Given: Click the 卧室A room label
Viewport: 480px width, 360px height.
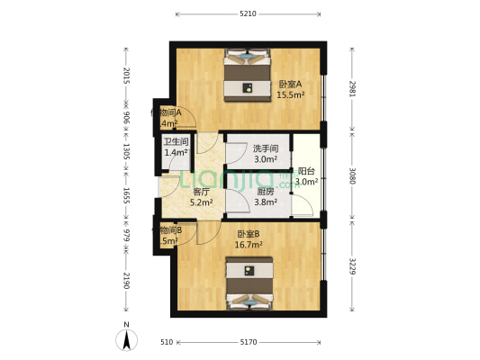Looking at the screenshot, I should click(289, 85).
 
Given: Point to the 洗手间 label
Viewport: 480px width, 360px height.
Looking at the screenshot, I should click(265, 148).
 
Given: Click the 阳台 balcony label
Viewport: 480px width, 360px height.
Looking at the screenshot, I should click(306, 171).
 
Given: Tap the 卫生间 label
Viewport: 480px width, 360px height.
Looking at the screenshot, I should click(176, 142).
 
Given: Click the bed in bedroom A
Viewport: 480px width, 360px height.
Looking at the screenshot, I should click(246, 74).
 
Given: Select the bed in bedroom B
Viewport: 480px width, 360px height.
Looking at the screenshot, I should click(248, 283).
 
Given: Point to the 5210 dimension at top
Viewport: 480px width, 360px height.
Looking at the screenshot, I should click(249, 13).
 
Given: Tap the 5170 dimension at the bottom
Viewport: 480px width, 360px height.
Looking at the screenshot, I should click(249, 343).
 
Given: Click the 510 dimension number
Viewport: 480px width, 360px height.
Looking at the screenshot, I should click(167, 343).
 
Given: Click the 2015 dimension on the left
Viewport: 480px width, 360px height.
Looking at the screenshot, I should click(127, 77).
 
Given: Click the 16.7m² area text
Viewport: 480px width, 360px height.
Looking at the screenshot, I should click(248, 244).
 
